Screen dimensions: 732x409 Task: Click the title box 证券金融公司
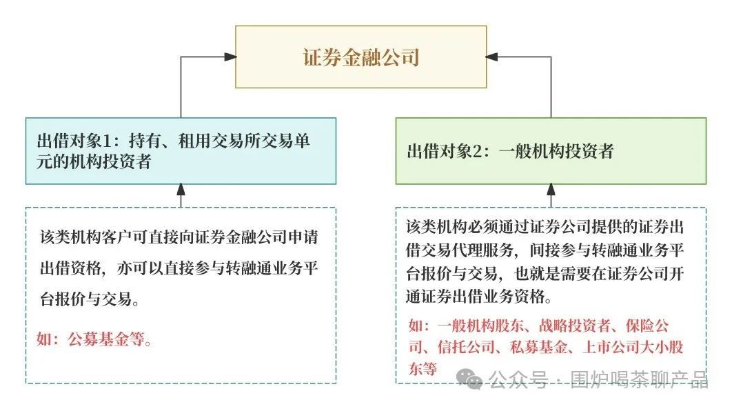point(360,57)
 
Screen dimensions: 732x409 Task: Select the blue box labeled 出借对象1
point(181,151)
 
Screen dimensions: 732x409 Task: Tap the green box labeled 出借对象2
point(550,151)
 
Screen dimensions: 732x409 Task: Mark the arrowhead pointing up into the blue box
point(181,189)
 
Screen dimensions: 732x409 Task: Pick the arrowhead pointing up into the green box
point(551,189)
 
